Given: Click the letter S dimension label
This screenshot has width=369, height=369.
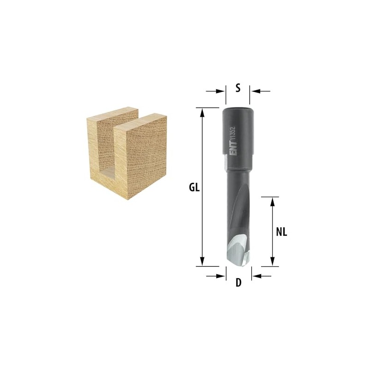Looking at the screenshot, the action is click(x=238, y=88).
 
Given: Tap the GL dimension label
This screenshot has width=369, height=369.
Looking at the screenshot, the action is click(x=194, y=188).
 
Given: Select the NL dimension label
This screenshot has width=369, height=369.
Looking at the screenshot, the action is click(x=281, y=232).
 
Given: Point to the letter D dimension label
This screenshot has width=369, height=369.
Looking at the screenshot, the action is click(x=238, y=283).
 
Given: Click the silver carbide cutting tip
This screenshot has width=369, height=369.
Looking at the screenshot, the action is click(x=237, y=250).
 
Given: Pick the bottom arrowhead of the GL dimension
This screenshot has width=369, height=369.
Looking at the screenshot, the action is click(x=202, y=262).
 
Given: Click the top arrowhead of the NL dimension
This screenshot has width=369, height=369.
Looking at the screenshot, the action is click(x=272, y=202).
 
